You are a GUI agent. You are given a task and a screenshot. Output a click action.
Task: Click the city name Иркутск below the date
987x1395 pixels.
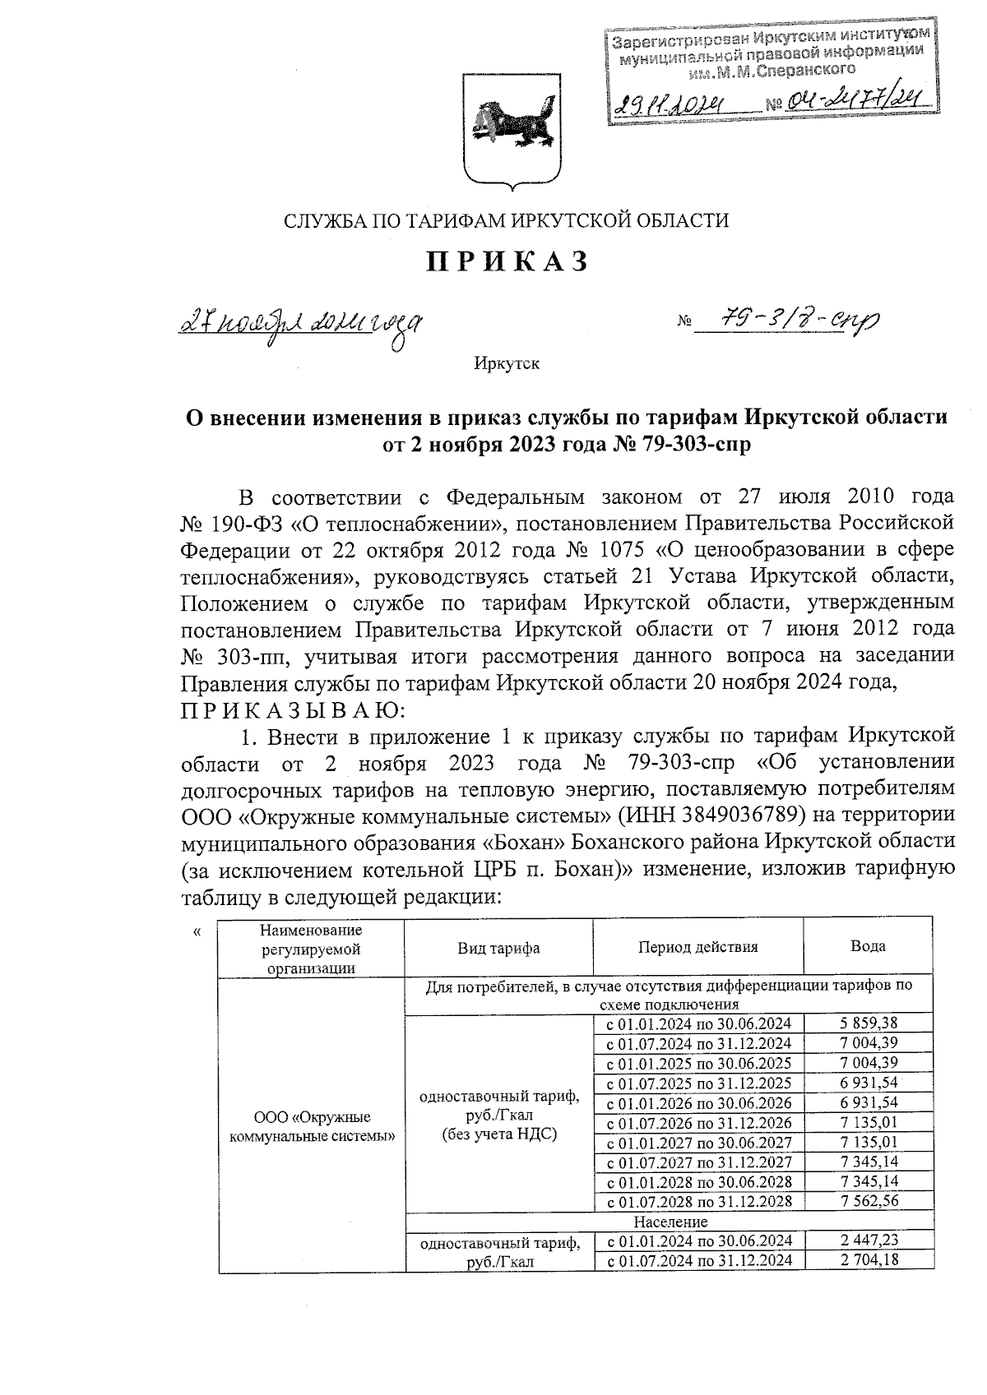click(507, 363)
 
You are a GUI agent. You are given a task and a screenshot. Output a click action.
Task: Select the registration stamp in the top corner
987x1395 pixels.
click(769, 76)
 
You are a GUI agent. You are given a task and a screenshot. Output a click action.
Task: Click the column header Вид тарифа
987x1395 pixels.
click(498, 948)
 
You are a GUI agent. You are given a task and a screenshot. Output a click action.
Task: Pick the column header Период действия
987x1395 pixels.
click(697, 946)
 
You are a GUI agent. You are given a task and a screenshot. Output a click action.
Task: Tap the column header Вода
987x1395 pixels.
click(868, 946)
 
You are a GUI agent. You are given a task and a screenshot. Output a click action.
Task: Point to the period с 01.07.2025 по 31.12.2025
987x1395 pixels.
click(698, 1083)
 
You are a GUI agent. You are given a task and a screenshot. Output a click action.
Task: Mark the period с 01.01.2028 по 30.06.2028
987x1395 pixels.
click(698, 1181)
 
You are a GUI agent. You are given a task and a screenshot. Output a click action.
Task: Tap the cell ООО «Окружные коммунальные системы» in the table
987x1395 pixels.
click(311, 1127)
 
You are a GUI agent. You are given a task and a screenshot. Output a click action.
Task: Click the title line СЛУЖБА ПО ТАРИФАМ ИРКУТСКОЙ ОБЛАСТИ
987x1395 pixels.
click(507, 220)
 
